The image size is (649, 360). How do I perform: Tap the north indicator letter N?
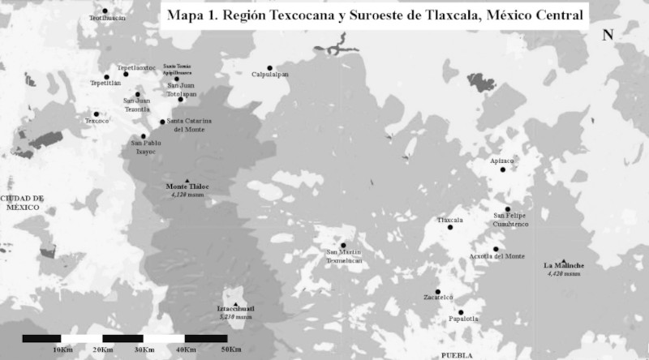607,35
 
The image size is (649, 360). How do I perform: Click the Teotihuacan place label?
108,18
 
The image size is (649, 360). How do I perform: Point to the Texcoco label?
97,122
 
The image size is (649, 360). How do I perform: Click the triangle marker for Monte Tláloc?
187,180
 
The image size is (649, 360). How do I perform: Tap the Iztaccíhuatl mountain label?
236,309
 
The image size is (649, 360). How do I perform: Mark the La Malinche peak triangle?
563,260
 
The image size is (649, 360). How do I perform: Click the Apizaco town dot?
503,169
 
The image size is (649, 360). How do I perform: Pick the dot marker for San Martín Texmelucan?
343,245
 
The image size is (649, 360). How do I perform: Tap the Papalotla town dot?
460,312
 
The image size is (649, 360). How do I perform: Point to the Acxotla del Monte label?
496,256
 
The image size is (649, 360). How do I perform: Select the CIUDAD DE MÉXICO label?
24,202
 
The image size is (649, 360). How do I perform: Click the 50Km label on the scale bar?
230,349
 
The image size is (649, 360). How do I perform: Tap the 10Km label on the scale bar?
63,349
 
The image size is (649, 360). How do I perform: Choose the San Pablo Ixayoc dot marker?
144,136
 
